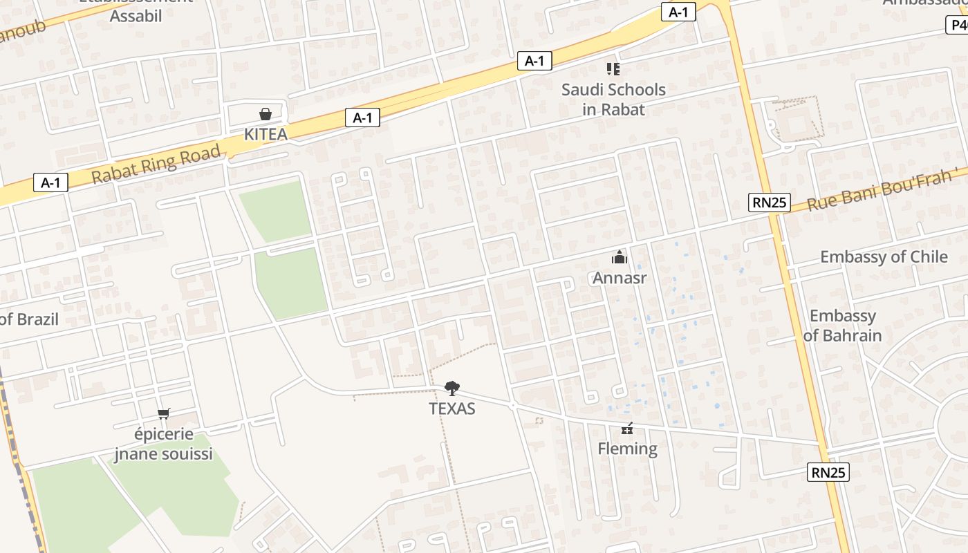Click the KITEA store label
266,134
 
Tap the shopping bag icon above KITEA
266,114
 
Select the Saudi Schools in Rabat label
613,100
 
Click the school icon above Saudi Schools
613,68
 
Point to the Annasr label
619,278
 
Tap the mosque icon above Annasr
619,258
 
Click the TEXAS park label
452,409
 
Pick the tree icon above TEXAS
452,388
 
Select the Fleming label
627,449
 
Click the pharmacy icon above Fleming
627,429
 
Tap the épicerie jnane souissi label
164,444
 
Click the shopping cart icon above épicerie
164,414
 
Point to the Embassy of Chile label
884,257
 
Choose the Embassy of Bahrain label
842,326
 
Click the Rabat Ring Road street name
156,165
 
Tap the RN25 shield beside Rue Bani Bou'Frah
769,203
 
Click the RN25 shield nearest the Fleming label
828,473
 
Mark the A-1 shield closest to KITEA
362,118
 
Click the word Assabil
136,16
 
